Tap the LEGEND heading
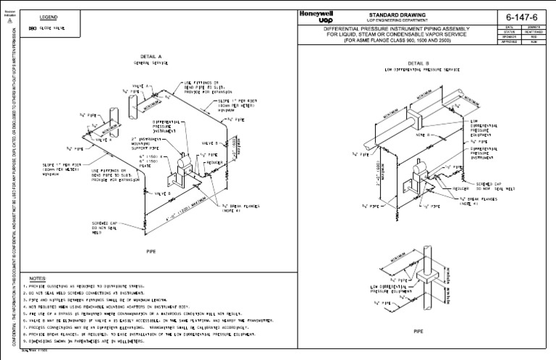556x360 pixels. click(x=40, y=17)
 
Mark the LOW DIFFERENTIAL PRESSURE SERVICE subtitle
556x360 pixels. click(x=424, y=70)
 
